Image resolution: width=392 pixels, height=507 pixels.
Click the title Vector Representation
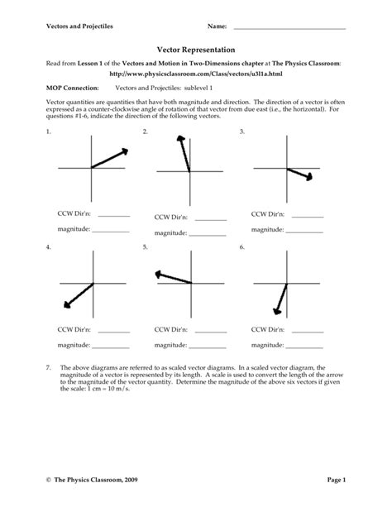click(196, 50)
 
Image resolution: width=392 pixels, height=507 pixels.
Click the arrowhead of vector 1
click(125, 151)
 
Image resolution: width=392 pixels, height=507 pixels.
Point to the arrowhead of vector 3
click(308, 175)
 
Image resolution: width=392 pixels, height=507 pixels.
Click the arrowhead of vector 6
click(275, 311)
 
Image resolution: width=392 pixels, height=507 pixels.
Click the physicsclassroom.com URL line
click(196, 73)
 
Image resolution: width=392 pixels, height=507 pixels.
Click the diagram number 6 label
click(242, 247)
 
